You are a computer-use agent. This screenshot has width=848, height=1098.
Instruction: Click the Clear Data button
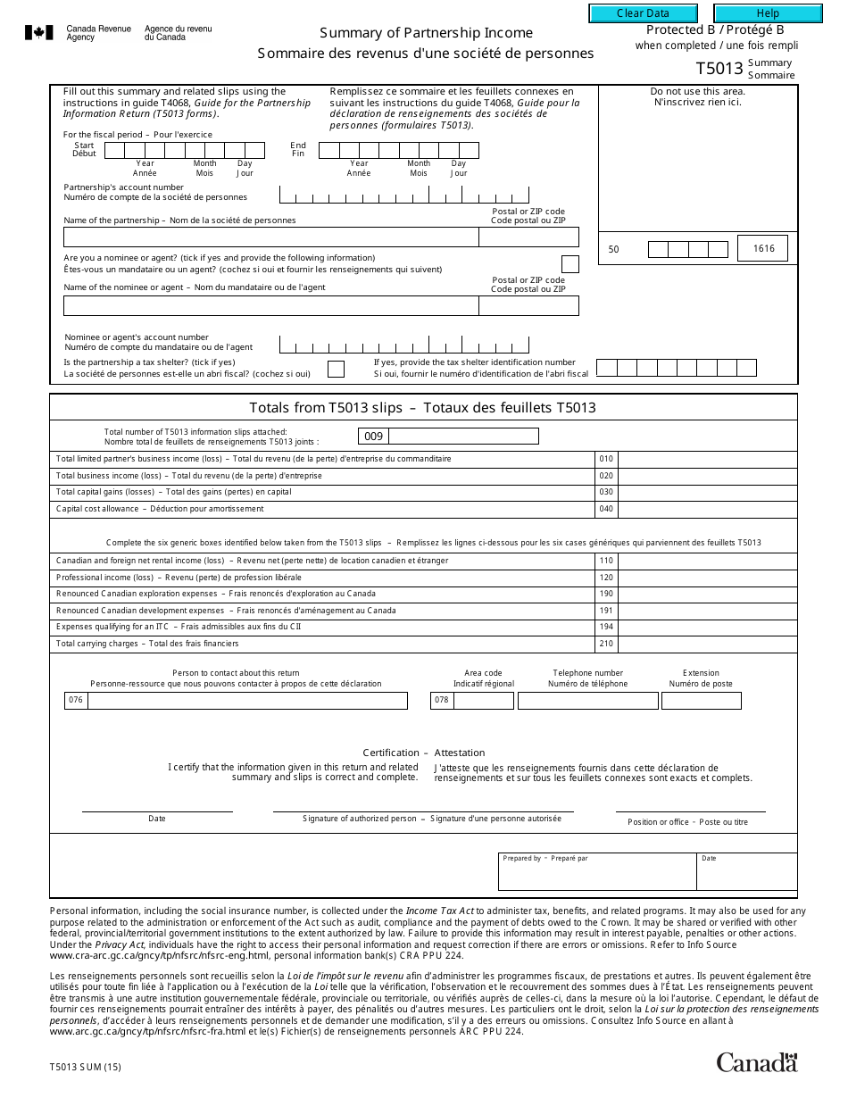pos(643,13)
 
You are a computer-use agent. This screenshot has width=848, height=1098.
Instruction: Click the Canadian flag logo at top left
pos(38,33)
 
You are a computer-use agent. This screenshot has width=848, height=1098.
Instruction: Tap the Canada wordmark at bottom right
pos(756,1062)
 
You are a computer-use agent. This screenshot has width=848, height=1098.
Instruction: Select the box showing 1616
pos(762,249)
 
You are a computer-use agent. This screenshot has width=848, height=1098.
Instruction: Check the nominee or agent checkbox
pos(569,264)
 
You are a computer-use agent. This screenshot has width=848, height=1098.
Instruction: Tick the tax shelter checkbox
pos(336,369)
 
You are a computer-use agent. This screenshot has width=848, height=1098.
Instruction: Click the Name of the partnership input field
pos(270,237)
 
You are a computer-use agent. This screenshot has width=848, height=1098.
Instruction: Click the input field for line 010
pos(707,459)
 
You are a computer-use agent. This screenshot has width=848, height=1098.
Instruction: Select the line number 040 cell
pos(606,509)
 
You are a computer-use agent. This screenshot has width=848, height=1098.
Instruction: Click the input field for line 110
pos(707,561)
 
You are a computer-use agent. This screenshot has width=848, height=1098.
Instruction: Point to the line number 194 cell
pos(606,628)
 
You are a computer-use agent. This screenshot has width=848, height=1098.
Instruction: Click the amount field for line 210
pos(707,644)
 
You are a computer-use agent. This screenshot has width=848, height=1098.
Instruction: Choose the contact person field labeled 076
pos(246,701)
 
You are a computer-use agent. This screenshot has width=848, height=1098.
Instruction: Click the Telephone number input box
pos(587,701)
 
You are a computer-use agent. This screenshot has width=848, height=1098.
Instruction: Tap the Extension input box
pos(701,701)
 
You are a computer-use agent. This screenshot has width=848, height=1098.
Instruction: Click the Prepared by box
pos(596,872)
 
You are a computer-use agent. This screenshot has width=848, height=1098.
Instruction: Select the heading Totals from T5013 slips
pos(422,408)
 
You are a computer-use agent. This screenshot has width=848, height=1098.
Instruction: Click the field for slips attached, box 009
pos(463,436)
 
